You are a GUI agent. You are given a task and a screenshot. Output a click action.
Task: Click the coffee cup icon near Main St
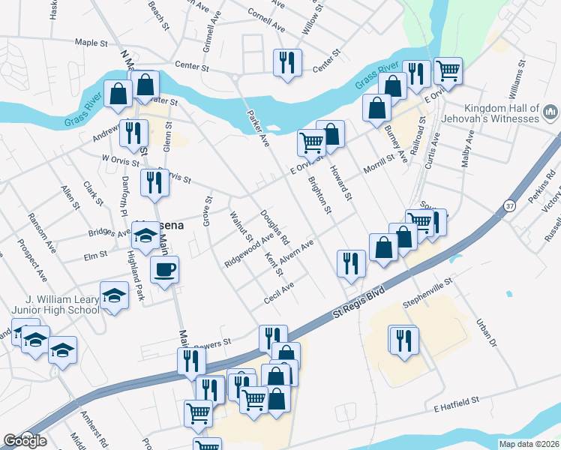164,269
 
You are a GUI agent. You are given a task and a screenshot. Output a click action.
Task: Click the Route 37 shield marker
510,205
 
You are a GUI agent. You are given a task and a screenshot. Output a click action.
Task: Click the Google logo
25,441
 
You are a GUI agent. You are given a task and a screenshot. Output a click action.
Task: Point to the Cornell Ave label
266,22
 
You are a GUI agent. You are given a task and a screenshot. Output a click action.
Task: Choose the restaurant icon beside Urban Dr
402,340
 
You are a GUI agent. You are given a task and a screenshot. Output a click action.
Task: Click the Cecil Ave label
278,293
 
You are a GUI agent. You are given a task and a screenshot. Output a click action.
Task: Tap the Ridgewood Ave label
249,250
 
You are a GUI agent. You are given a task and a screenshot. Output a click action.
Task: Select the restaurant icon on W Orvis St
154,184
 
